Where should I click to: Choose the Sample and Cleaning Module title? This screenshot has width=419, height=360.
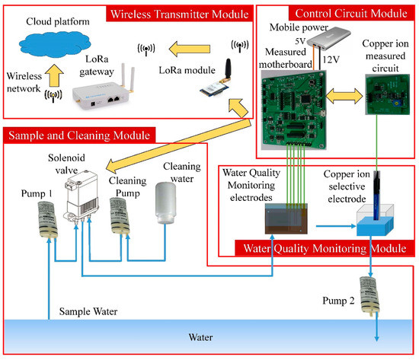(x=78, y=135)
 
